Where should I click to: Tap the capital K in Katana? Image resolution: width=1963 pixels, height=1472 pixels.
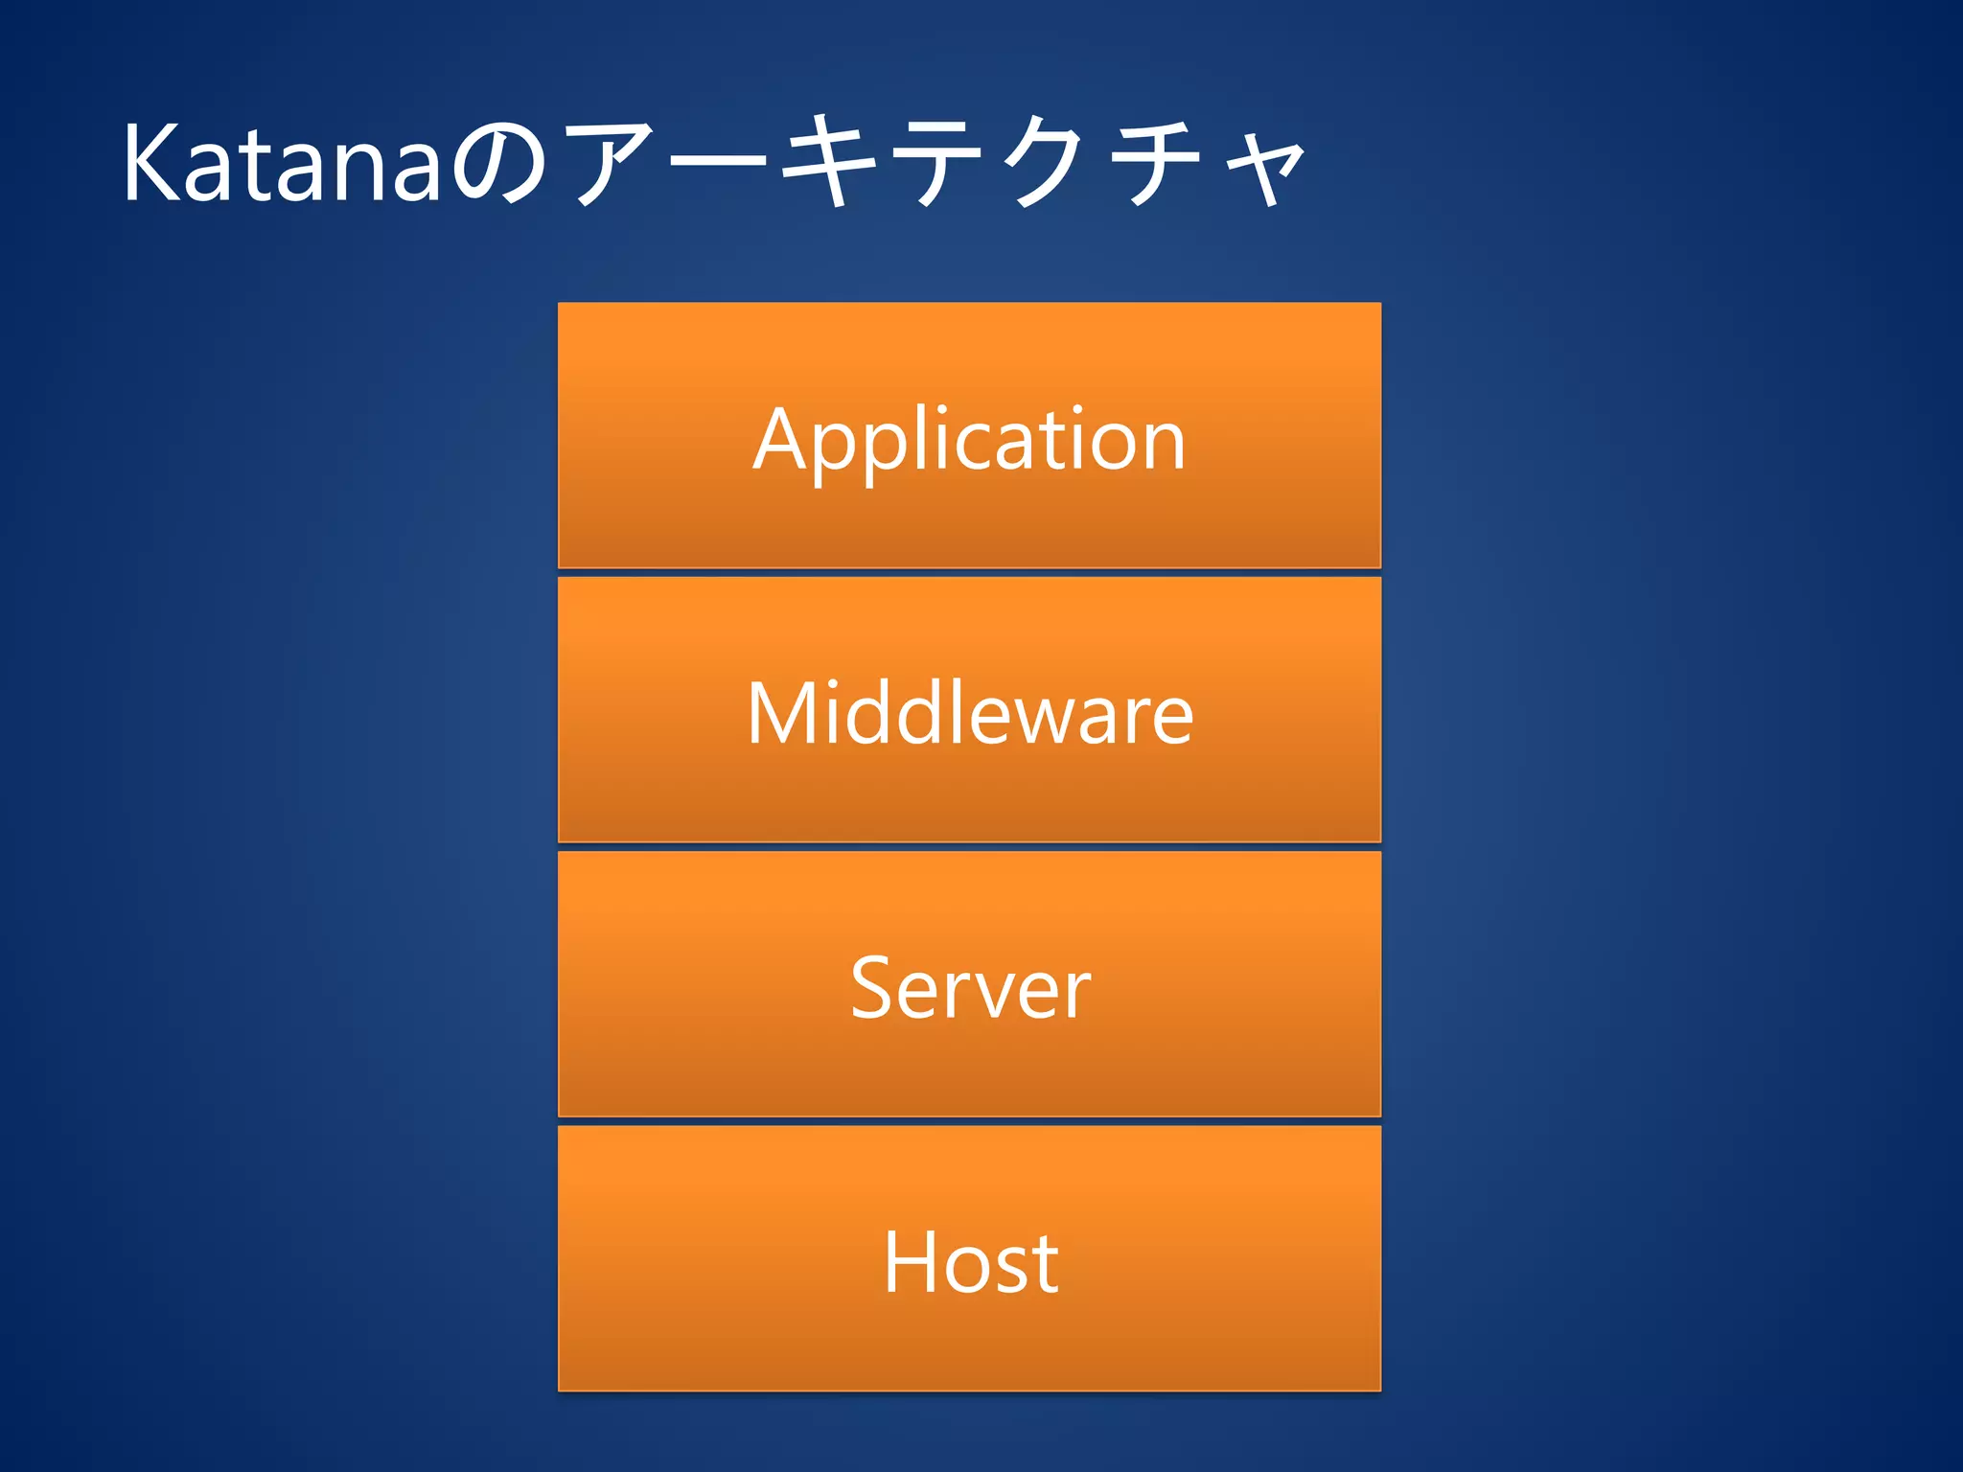153,163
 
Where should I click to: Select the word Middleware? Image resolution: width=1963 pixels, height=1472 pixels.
969,713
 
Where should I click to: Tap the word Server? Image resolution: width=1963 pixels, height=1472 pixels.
969,988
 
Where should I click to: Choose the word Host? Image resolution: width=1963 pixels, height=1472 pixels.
969,1262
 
